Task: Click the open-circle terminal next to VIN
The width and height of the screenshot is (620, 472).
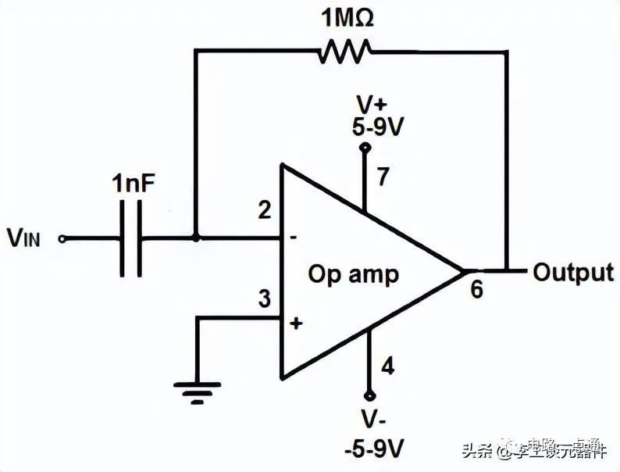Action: click(62, 238)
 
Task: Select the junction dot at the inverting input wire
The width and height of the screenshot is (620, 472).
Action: click(195, 238)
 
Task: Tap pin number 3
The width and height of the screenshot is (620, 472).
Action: click(265, 299)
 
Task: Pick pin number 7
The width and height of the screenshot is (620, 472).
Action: click(383, 177)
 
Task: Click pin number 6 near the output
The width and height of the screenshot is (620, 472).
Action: click(476, 289)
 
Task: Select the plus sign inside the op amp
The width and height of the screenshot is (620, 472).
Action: click(296, 323)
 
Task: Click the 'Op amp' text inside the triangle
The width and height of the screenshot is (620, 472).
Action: click(353, 274)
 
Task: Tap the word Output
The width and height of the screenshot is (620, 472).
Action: click(573, 272)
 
